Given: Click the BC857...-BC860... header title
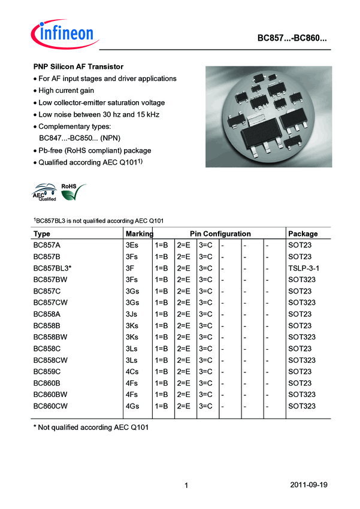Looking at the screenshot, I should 292,38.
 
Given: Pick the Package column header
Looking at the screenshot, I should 302,234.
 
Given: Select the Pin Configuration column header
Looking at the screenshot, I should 220,234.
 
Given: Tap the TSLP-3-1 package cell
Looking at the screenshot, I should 304,268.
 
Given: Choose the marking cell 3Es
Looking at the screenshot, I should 133,246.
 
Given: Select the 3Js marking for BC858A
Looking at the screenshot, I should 133,314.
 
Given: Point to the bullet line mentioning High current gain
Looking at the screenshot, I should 66,90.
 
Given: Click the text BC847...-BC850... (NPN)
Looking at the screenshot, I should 80,138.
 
